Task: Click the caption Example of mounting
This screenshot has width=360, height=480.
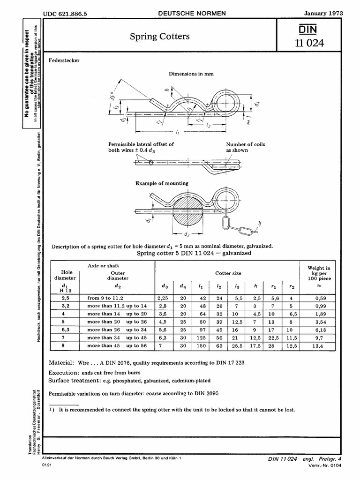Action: [x=162, y=183]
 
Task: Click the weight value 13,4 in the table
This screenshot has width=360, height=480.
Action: [x=318, y=346]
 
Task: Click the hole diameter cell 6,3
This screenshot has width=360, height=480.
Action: [x=65, y=330]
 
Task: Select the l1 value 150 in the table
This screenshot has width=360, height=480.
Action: [x=200, y=346]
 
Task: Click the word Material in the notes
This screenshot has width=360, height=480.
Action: [x=61, y=363]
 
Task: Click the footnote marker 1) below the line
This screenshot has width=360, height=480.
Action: [x=52, y=409]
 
